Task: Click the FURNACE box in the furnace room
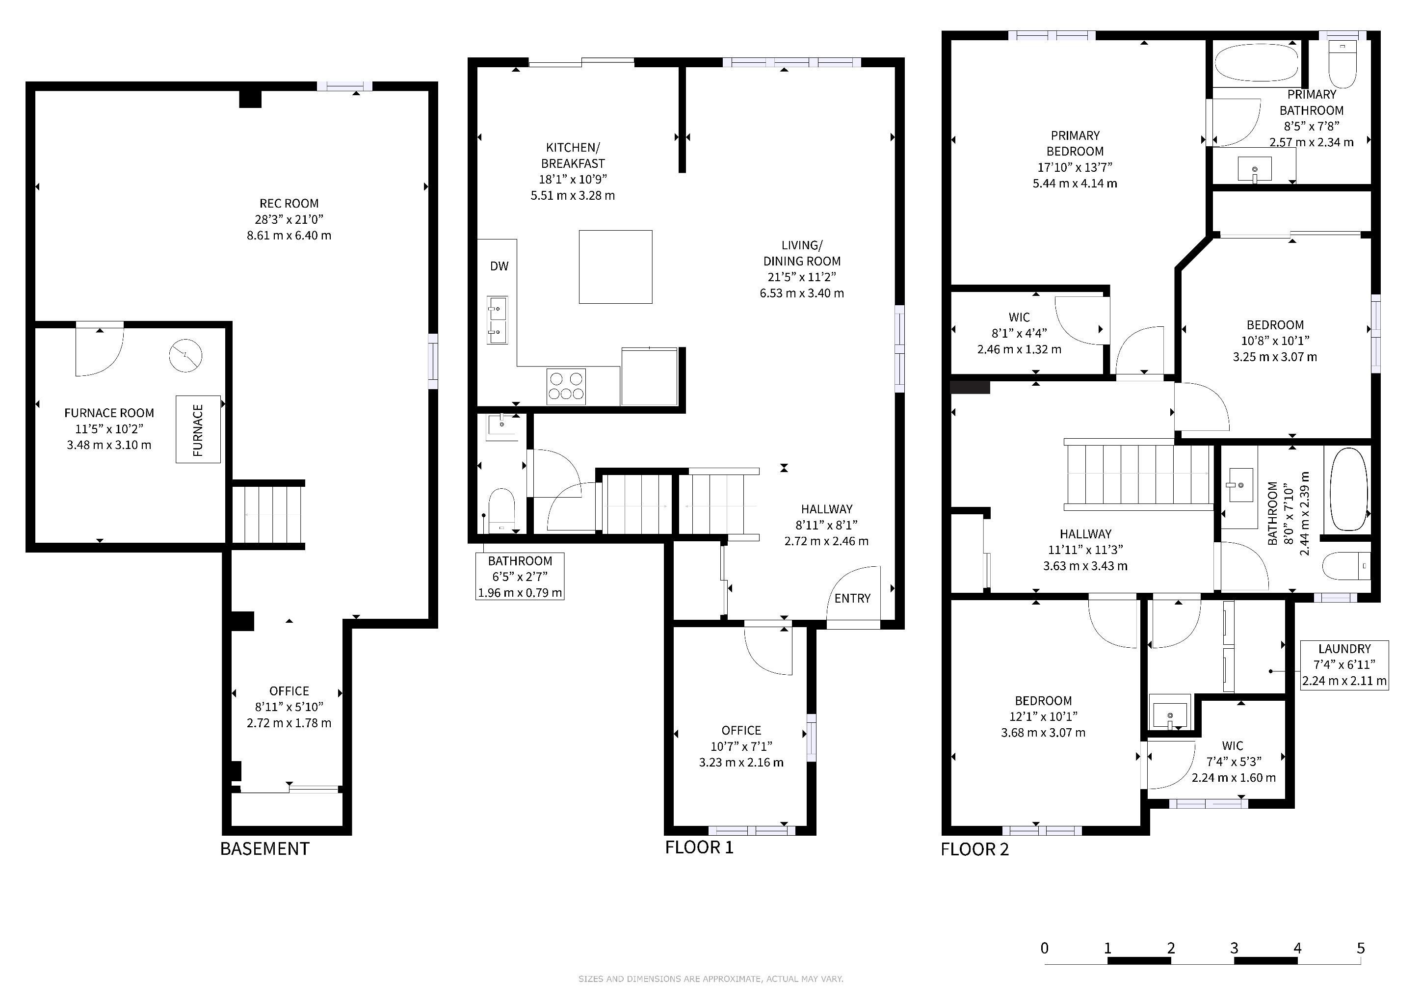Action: pos(198,429)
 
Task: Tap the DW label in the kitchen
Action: pos(500,266)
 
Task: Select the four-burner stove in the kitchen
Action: pos(566,386)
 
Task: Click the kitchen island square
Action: pos(616,267)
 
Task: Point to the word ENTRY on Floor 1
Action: pos(852,598)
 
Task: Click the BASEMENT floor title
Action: pos(265,848)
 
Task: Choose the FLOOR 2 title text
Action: pos(975,849)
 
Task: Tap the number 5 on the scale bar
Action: pos(1360,948)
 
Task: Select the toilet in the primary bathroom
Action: pos(1342,64)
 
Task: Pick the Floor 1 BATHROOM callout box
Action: pos(520,577)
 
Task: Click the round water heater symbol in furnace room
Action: pos(185,355)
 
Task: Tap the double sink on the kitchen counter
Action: pos(497,320)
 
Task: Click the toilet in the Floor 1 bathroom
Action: pos(502,510)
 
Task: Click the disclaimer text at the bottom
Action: pos(710,979)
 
